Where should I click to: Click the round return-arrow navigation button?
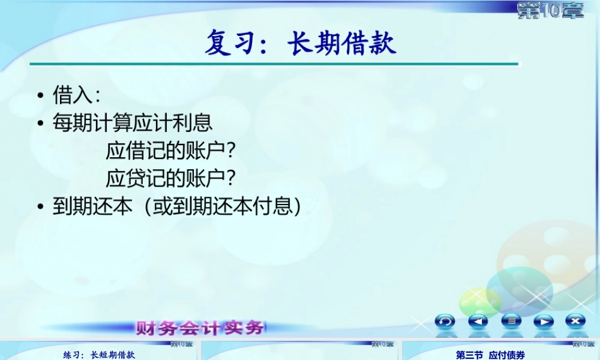tap(445, 321)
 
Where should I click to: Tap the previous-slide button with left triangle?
tap(478, 321)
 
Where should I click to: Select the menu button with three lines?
tap(511, 321)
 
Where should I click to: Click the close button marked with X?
tap(575, 321)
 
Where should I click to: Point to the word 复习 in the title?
tap(227, 44)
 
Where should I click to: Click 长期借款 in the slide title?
tap(342, 44)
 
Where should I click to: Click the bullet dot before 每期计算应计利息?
tap(40, 124)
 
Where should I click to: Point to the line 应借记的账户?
tap(170, 151)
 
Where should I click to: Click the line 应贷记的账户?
tap(170, 178)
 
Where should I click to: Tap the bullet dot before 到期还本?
tap(40, 207)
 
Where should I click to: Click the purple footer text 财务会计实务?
tap(200, 328)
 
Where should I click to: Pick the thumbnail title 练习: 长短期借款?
tap(100, 355)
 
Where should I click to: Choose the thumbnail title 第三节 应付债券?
tap(490, 355)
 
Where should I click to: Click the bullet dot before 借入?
tap(40, 96)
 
